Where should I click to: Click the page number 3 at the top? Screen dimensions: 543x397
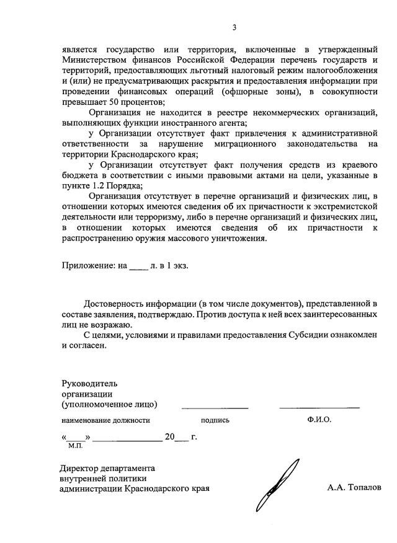click(x=234, y=27)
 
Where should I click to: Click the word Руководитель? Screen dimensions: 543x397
click(x=89, y=384)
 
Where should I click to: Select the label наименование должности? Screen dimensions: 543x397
click(x=105, y=420)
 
